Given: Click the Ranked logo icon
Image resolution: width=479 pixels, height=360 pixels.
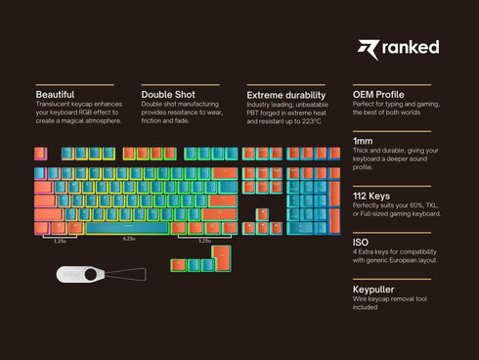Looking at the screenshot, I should (368, 49).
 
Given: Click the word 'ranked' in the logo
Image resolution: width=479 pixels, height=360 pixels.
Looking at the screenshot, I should (412, 48).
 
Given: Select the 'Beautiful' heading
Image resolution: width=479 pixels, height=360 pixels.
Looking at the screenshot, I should (55, 95).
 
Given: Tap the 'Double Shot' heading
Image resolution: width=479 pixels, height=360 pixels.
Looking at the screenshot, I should (168, 95).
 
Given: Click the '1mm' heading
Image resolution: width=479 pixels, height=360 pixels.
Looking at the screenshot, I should (364, 142).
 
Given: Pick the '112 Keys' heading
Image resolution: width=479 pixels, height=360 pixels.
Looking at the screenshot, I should (371, 196).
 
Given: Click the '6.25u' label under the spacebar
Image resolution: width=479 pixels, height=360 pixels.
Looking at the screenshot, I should (128, 239).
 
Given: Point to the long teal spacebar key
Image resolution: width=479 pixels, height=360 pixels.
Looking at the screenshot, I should (127, 228).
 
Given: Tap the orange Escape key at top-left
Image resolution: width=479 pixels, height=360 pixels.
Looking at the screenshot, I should (40, 154).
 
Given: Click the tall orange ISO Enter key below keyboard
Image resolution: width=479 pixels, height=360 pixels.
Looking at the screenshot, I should (222, 260).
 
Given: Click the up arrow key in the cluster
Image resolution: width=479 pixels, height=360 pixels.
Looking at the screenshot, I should (262, 214).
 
